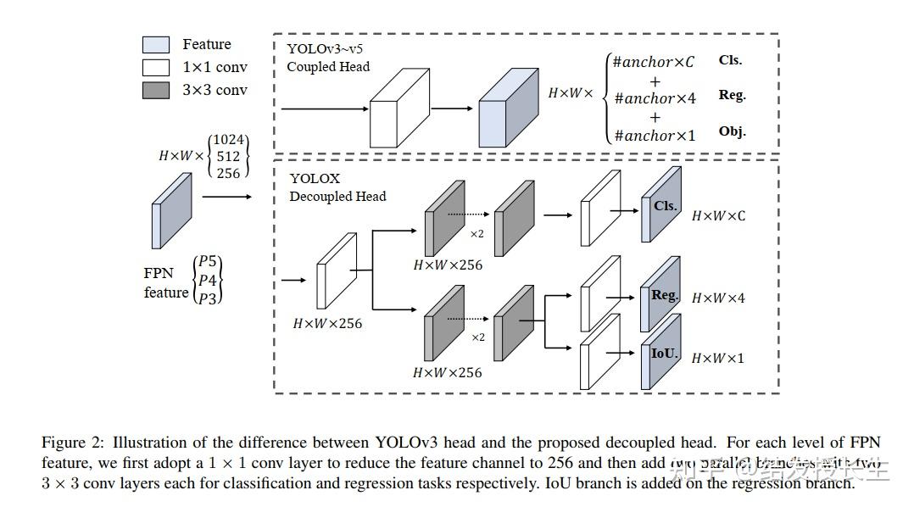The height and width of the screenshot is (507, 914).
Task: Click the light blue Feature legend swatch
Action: (x=155, y=45)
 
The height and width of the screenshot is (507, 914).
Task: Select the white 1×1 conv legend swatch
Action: (x=155, y=67)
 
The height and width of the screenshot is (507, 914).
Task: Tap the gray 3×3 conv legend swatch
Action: (x=155, y=90)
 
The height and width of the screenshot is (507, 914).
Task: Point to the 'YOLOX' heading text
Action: (x=315, y=179)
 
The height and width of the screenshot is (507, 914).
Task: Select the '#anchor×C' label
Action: (x=653, y=62)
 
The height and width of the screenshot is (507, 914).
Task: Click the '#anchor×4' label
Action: (x=655, y=98)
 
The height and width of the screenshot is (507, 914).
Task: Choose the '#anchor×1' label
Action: (x=655, y=135)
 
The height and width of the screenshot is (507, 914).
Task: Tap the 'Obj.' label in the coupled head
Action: (x=732, y=131)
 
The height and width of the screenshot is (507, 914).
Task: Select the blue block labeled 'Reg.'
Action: (x=662, y=296)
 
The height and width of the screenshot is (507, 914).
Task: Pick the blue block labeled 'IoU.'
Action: (x=662, y=354)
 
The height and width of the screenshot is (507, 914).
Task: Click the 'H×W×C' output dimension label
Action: (x=718, y=216)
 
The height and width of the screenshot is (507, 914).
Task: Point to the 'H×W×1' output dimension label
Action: (x=717, y=358)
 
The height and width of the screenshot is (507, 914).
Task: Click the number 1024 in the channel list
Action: (x=229, y=140)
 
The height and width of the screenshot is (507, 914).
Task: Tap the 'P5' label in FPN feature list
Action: (x=208, y=261)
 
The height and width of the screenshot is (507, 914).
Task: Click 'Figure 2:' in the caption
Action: (x=74, y=443)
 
